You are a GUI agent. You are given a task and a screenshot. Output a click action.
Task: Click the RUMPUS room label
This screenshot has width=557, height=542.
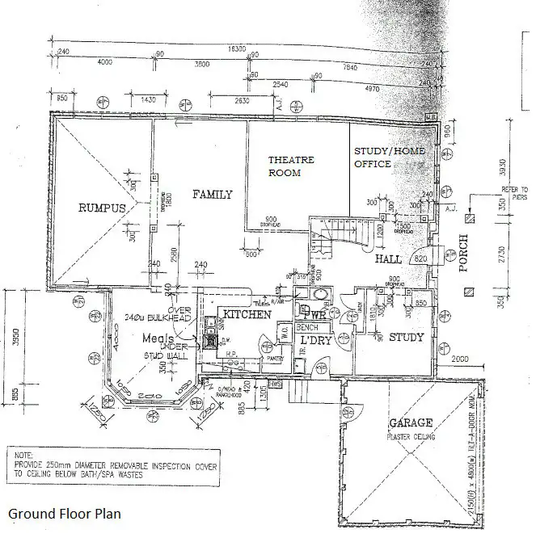click(x=102, y=208)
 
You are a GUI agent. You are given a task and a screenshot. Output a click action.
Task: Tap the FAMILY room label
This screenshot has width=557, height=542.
click(x=212, y=195)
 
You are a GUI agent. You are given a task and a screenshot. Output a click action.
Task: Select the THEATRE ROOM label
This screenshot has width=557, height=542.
click(x=285, y=166)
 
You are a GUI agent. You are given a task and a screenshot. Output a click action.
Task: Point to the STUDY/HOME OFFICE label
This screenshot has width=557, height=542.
click(x=383, y=158)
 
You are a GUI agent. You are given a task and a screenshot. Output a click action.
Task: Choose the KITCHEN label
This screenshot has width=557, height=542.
click(x=247, y=314)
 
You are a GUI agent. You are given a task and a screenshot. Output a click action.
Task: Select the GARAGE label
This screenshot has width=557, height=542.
click(x=411, y=423)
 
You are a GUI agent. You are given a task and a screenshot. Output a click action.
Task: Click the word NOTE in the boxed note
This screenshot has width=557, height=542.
click(x=25, y=456)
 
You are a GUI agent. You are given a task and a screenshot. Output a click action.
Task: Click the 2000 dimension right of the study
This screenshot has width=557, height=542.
click(x=460, y=359)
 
